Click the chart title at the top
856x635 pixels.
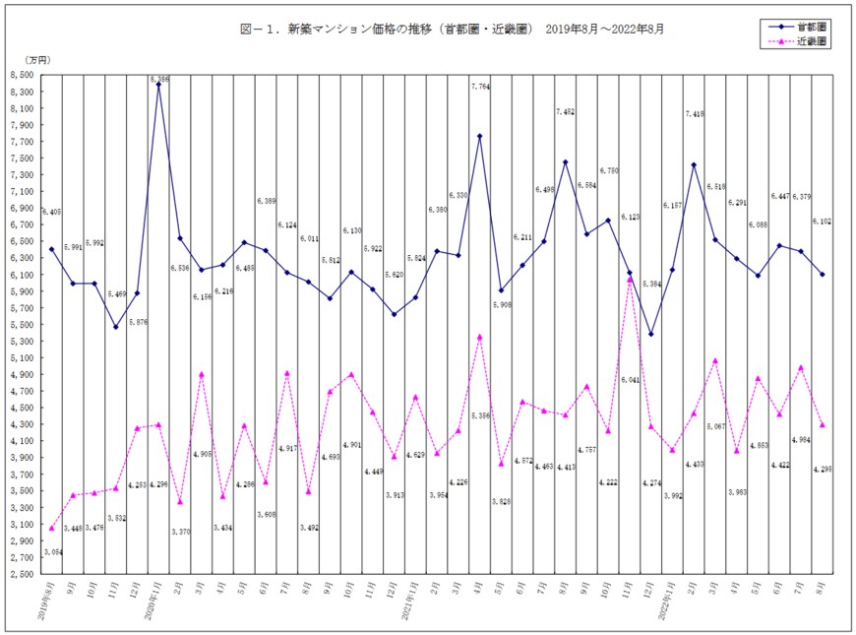coord(452,30)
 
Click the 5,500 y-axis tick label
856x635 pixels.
coord(22,324)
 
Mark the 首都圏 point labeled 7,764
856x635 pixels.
coord(479,136)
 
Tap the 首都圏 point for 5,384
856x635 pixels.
coord(650,334)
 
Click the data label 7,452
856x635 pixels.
coord(565,112)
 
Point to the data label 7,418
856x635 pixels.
coord(694,115)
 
